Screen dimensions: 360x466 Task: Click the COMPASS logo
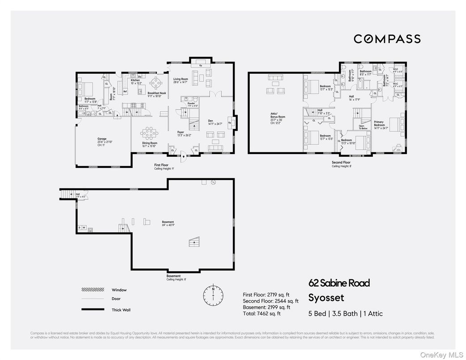(x=387, y=39)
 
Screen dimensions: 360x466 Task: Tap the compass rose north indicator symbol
(x=214, y=295)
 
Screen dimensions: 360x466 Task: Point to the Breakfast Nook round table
(x=157, y=82)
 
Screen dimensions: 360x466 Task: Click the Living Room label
(x=180, y=79)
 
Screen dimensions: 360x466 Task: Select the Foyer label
(x=181, y=133)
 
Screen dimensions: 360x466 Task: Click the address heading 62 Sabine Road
(x=339, y=283)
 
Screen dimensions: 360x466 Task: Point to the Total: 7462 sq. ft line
(x=261, y=313)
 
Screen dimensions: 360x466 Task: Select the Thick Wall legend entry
(x=121, y=309)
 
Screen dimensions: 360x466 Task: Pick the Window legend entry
(x=119, y=290)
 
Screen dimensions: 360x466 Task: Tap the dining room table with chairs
(x=149, y=133)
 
